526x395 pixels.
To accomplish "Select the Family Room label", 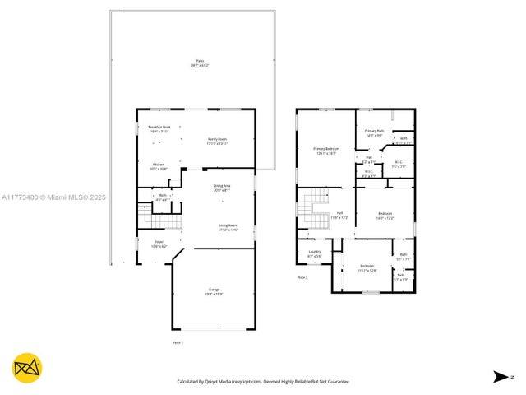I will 217,141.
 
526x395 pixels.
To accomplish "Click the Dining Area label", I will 222,188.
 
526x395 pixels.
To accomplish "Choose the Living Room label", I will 228,226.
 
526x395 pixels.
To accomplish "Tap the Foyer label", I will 159,244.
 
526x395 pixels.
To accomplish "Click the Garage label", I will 214,291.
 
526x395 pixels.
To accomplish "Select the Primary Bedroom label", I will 326,150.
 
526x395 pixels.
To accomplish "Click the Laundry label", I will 314,253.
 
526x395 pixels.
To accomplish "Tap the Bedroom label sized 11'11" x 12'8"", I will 368,267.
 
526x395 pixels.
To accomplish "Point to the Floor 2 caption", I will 302,277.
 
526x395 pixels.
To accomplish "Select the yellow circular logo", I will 27,368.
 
